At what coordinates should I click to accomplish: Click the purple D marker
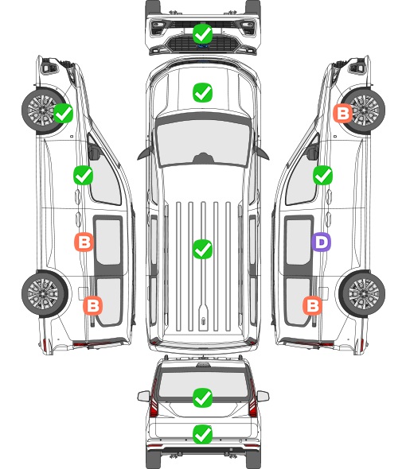321,242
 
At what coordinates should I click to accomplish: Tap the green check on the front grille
202,33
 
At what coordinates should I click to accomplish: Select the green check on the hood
202,92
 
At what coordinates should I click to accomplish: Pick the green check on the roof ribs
202,249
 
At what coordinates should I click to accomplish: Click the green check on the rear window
202,397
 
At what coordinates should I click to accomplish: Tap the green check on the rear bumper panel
202,434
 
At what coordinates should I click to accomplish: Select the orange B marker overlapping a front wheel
343,113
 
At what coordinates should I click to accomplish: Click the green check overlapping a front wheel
63,113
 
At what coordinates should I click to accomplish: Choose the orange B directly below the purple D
312,306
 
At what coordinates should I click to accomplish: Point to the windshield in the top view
203,143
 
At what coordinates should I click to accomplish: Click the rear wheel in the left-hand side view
45,294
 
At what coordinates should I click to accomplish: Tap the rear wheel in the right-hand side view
361,294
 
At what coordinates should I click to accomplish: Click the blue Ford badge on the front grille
203,46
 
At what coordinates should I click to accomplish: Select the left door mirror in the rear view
143,397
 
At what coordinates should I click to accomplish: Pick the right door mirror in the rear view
263,397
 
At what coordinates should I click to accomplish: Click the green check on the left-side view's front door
83,175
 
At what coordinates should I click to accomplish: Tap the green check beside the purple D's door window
322,175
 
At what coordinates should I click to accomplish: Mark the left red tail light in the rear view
154,399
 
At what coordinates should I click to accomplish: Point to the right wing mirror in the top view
261,153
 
